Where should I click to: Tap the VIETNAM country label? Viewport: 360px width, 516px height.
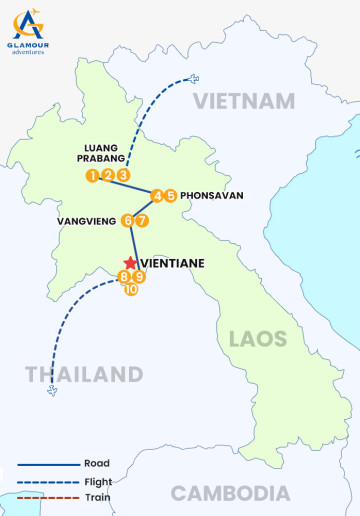pos(244,101)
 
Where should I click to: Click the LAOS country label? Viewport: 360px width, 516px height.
pos(258,338)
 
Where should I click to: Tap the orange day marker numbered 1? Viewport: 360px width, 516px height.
pos(92,176)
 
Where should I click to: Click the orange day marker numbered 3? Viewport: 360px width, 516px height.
pos(123,176)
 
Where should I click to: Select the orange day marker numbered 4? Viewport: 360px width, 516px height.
pos(157,196)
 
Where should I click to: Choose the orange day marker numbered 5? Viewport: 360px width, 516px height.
pos(171,196)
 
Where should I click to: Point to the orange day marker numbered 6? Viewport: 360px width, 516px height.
pos(127,220)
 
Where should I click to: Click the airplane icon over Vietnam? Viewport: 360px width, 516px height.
pos(193,79)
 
